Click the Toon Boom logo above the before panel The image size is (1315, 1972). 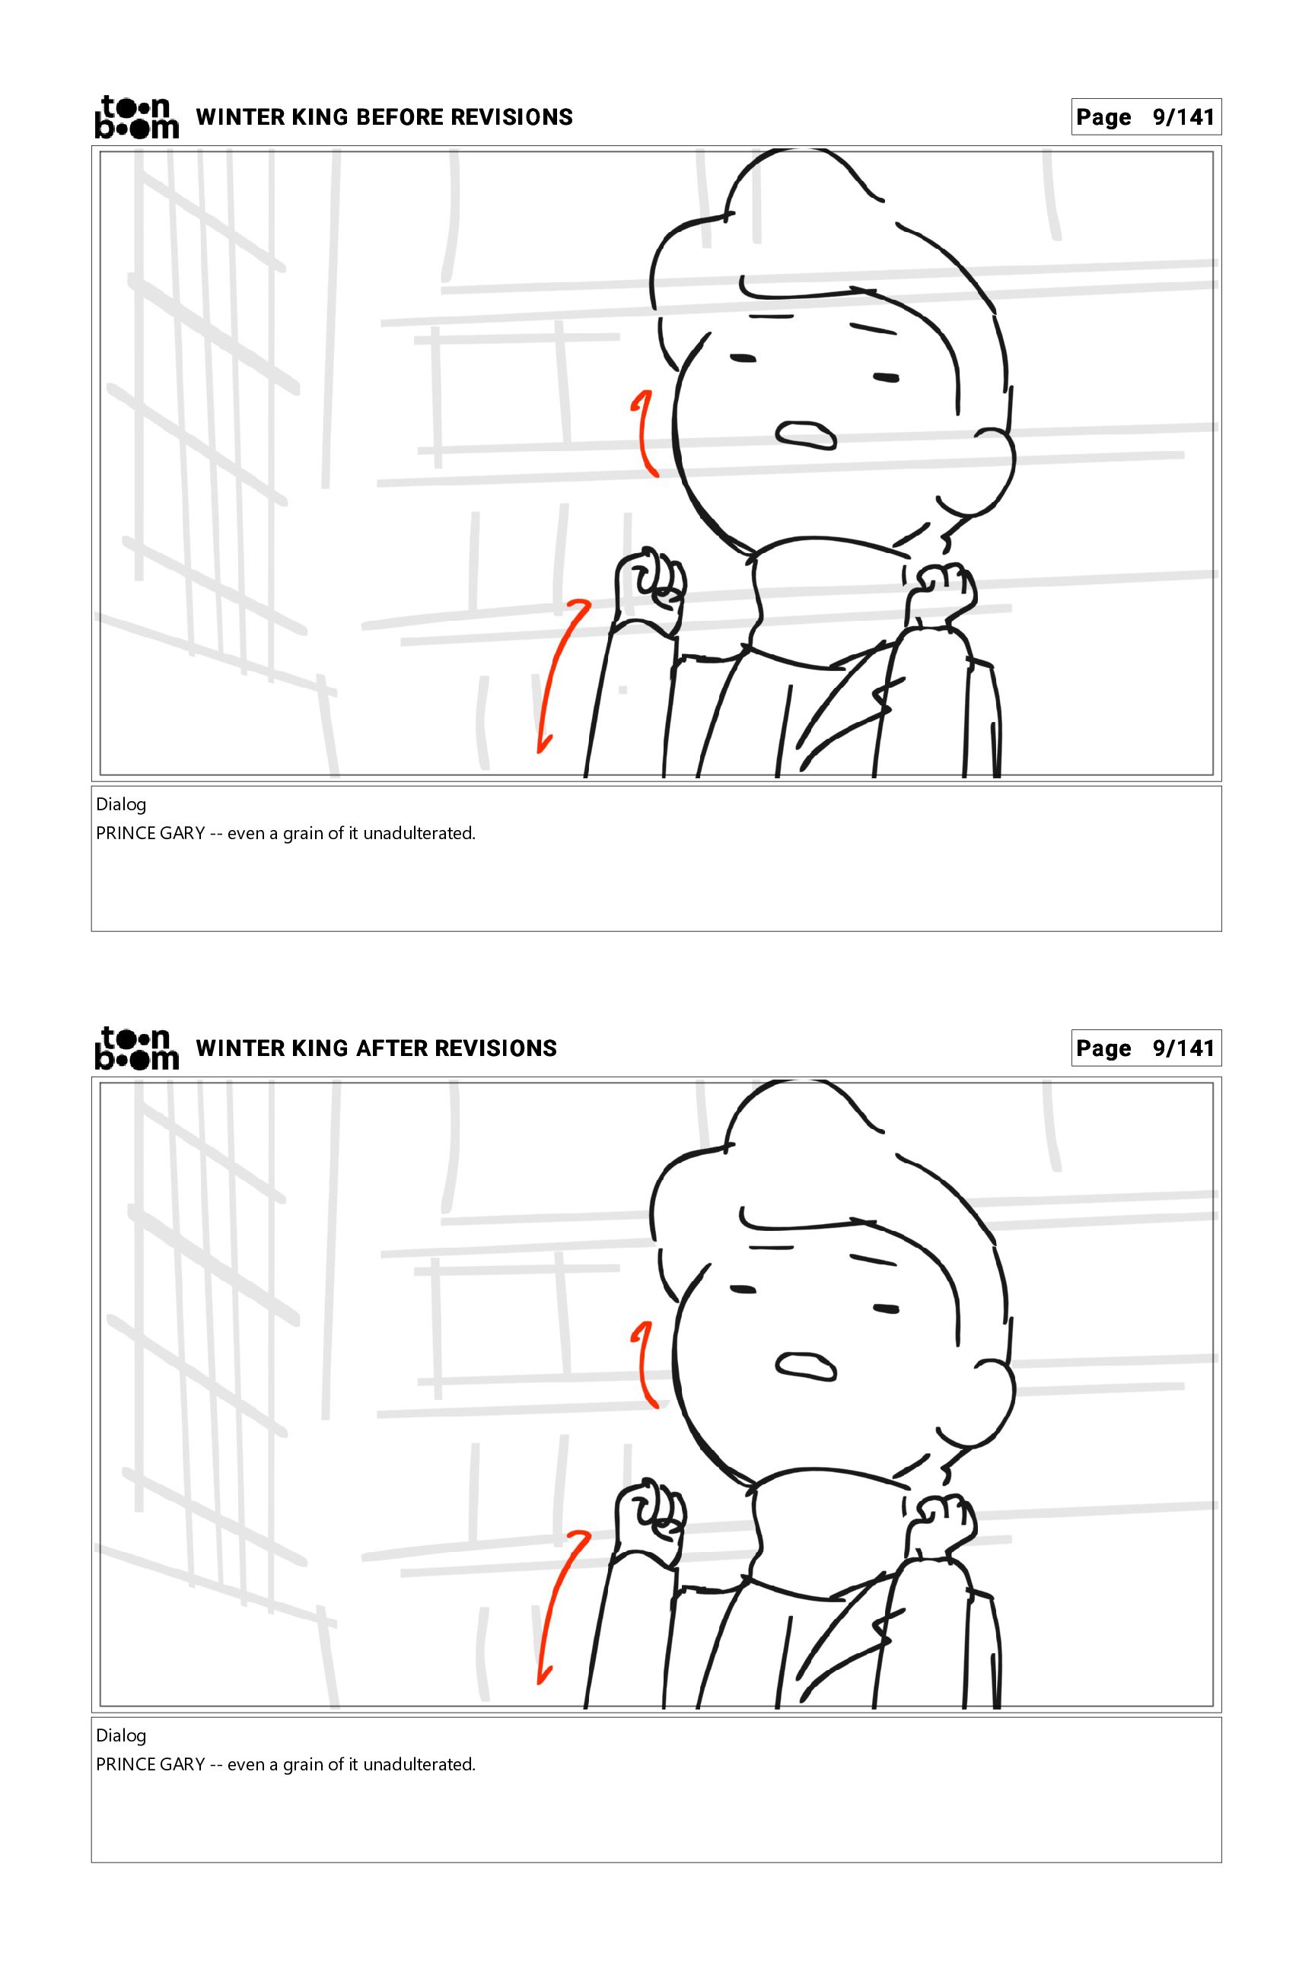[137, 116]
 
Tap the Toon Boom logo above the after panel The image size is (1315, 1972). [137, 1048]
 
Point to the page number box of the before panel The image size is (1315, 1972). [1145, 116]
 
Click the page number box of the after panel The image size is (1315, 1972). [1145, 1048]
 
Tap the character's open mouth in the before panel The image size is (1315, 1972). [806, 434]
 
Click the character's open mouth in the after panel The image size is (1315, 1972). [806, 1366]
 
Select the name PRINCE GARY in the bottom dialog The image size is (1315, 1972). [151, 1765]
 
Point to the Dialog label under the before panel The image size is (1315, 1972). [121, 805]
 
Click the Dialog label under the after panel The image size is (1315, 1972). [121, 1736]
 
